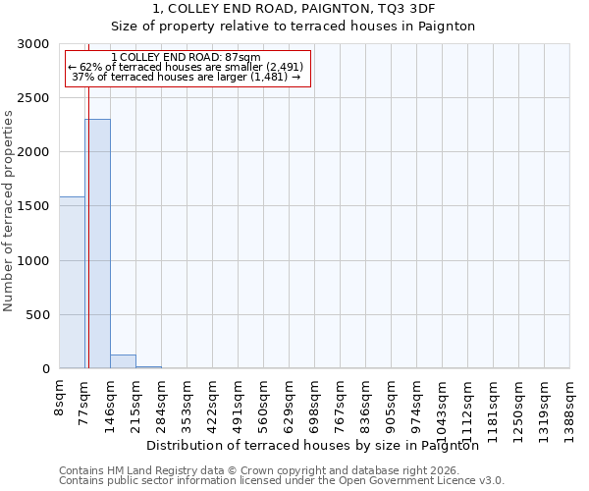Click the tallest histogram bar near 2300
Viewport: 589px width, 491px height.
(x=97, y=244)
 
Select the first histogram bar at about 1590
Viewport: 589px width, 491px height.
(x=72, y=283)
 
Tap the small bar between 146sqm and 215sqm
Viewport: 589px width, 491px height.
(x=123, y=361)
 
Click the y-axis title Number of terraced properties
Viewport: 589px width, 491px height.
(x=9, y=210)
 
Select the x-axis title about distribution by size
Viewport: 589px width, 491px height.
(x=318, y=445)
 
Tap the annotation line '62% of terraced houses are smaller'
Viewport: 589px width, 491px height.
(x=187, y=67)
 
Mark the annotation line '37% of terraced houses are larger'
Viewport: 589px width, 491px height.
(x=187, y=77)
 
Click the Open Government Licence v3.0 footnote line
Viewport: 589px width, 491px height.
(x=282, y=480)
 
